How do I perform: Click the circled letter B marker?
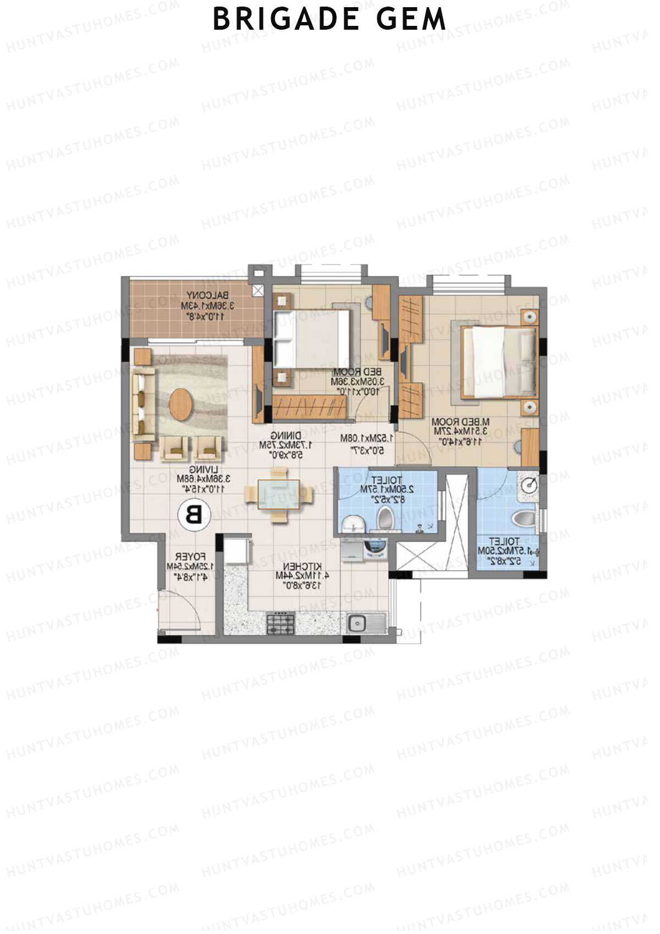tap(193, 516)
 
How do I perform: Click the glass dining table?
tap(279, 494)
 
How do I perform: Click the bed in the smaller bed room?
tap(312, 338)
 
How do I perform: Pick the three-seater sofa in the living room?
tap(143, 405)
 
